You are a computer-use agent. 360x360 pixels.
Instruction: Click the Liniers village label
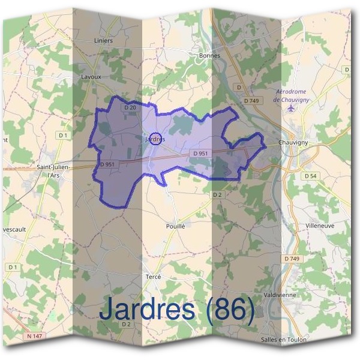click(x=103, y=41)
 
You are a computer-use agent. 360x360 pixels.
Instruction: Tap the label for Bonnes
click(x=209, y=55)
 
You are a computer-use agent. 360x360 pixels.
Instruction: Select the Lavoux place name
click(x=90, y=77)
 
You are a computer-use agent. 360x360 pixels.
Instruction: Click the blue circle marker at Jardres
click(x=155, y=139)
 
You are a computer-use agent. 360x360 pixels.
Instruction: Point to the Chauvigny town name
click(x=293, y=142)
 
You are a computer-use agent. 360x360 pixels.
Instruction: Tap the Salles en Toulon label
click(x=283, y=340)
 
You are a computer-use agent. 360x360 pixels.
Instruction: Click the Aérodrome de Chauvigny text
click(x=291, y=96)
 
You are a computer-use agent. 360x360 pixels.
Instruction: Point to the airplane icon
click(x=292, y=109)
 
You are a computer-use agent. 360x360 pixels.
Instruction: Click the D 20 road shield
click(x=131, y=107)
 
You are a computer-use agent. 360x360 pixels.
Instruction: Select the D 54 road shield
click(x=310, y=176)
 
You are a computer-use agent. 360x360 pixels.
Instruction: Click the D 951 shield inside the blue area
click(x=201, y=154)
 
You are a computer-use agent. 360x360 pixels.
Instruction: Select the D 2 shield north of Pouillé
click(x=217, y=195)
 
